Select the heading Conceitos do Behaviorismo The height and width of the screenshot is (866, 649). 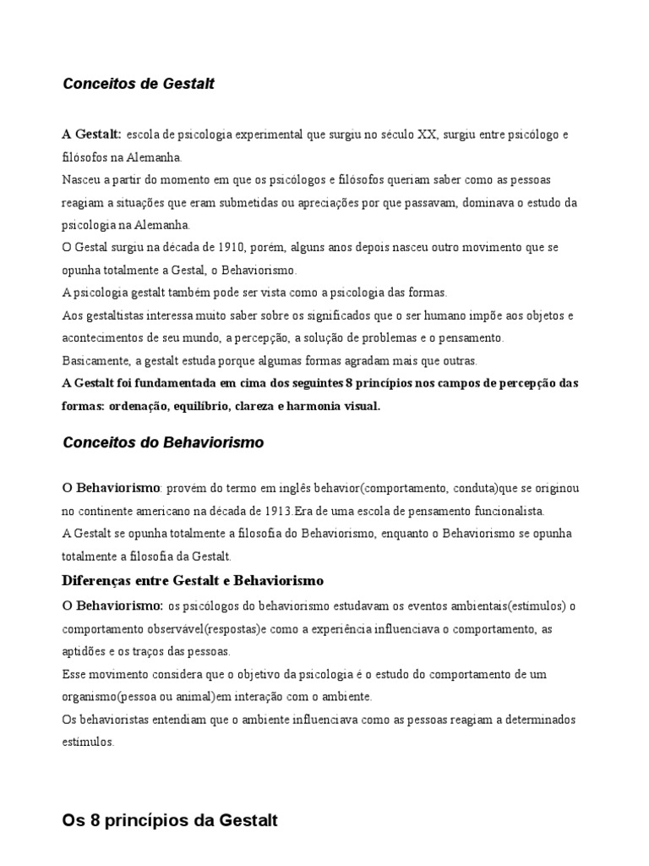pos(163,442)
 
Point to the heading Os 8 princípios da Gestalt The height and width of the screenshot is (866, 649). pos(170,819)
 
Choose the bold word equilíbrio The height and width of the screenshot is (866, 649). pos(201,406)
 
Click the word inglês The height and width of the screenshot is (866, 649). pos(300,489)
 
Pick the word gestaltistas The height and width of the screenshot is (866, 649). pos(113,315)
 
